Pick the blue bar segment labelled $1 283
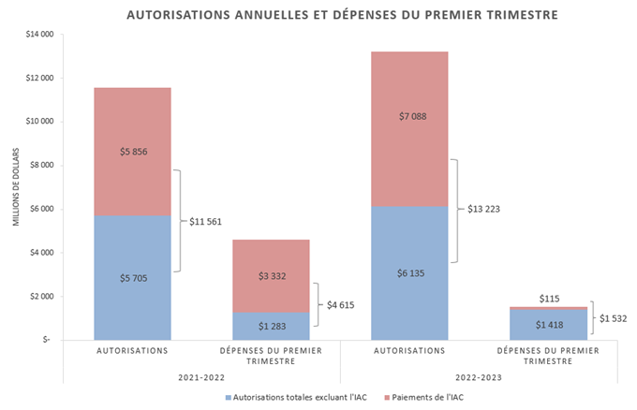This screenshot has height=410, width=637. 272,325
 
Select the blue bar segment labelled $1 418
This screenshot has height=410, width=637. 549,325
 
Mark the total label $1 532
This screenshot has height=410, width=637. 613,318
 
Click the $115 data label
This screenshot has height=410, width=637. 549,298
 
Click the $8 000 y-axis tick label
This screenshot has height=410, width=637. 36,165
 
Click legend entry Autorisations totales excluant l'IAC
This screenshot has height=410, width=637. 298,397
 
